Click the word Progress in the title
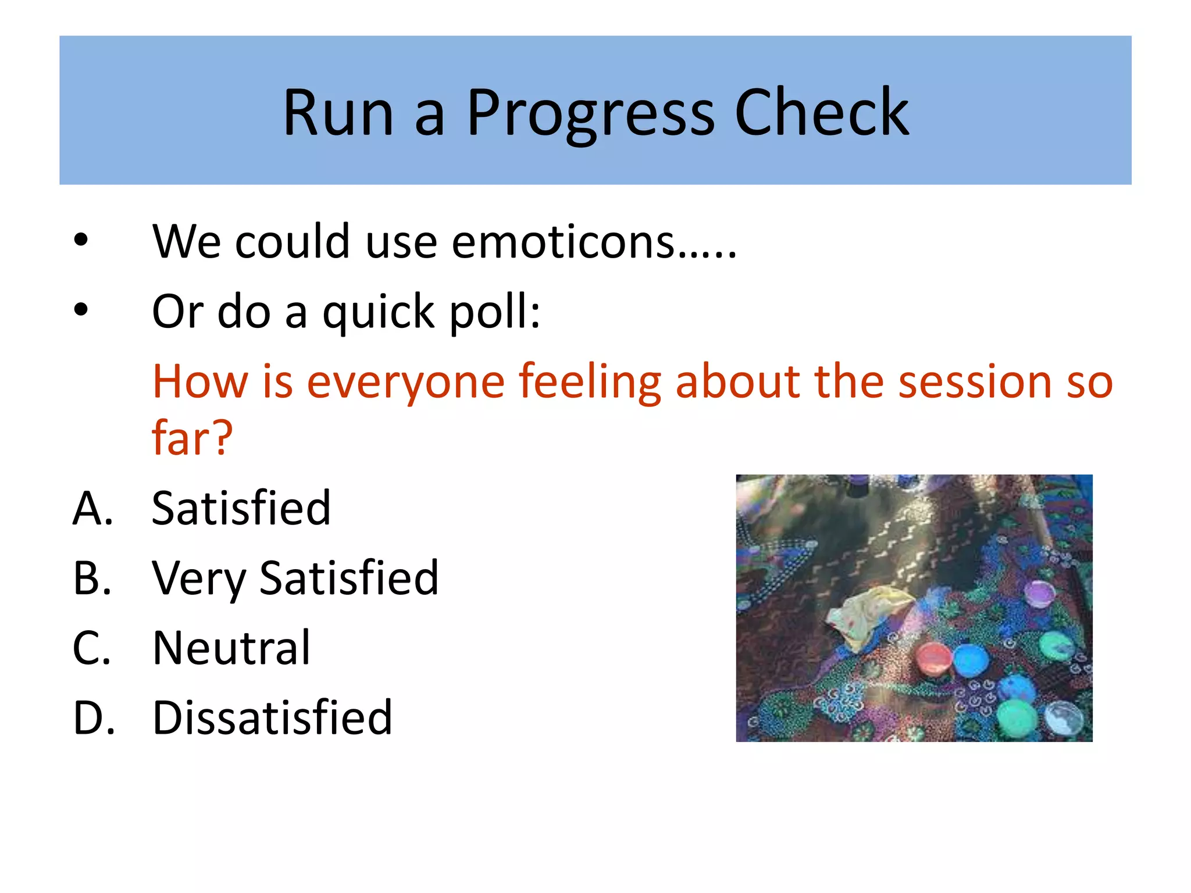(590, 113)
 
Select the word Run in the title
(338, 113)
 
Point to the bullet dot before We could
(81, 240)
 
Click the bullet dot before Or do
(81, 310)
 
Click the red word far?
(192, 437)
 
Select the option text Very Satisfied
(295, 578)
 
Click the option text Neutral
(231, 648)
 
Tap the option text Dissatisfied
(272, 717)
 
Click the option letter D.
(93, 717)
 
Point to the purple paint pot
(1039, 594)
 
